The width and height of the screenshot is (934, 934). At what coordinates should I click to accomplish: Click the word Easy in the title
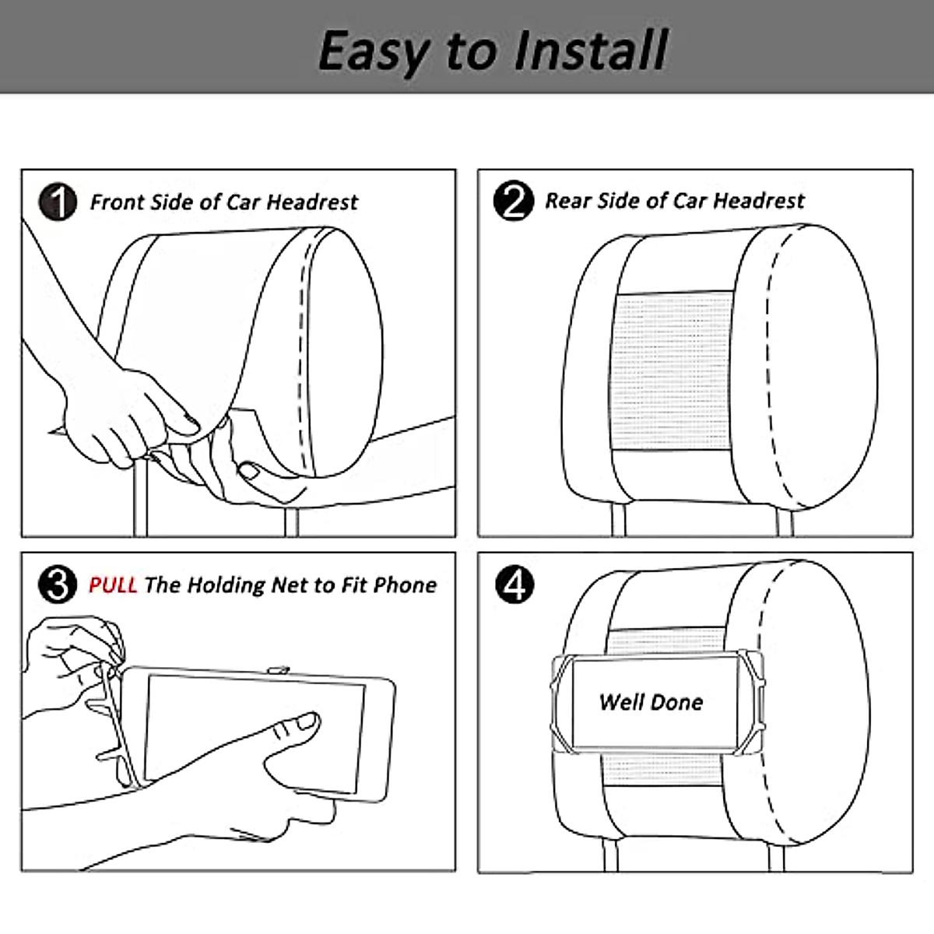pyautogui.click(x=374, y=51)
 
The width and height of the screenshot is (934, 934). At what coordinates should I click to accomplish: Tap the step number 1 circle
pyautogui.click(x=58, y=202)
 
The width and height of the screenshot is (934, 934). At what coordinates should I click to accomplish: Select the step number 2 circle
pyautogui.click(x=514, y=201)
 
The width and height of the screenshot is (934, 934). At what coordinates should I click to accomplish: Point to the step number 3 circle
pyautogui.click(x=58, y=584)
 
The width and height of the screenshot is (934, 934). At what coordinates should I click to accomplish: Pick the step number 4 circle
pyautogui.click(x=514, y=584)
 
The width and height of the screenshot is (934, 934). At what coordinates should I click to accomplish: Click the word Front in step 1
pyautogui.click(x=118, y=202)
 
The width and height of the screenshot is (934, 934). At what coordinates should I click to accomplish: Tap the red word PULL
pyautogui.click(x=113, y=585)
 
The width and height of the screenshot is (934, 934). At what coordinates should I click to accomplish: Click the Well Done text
pyautogui.click(x=651, y=702)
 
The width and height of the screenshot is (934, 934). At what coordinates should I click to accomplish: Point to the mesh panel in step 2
pyautogui.click(x=672, y=372)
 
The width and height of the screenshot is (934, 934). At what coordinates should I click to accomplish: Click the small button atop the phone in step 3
pyautogui.click(x=278, y=670)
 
